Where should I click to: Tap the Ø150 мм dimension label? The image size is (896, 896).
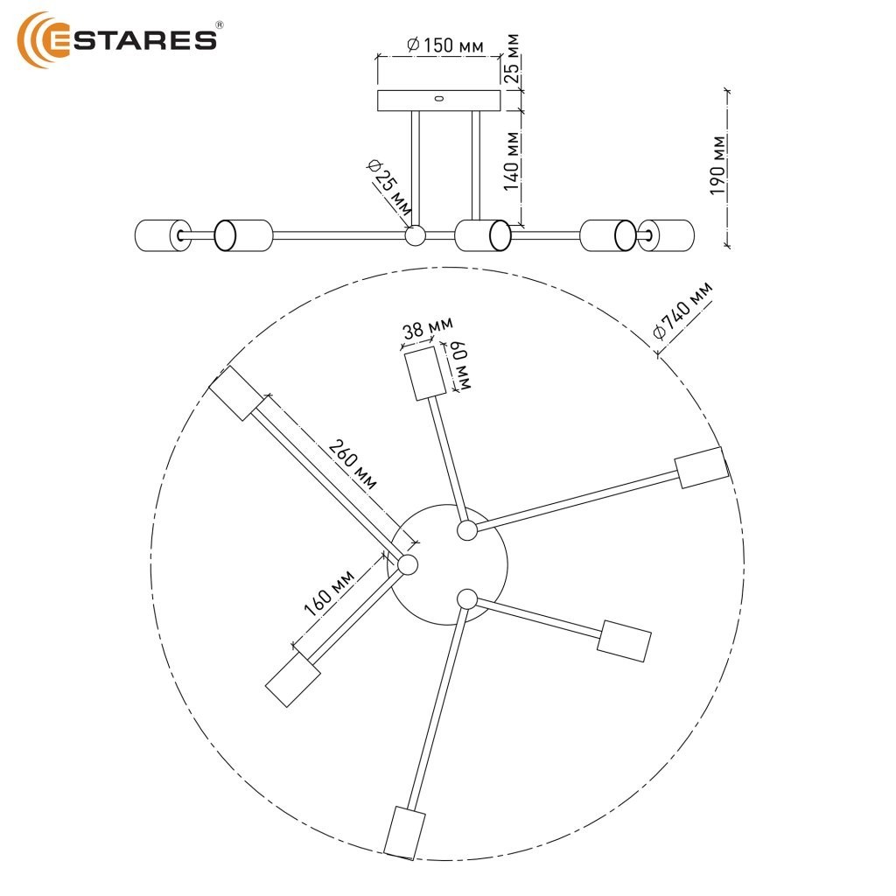tap(445, 45)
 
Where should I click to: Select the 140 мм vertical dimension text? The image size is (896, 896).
tap(512, 161)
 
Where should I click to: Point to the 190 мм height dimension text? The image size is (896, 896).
tap(717, 165)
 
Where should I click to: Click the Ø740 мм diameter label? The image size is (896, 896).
tap(682, 311)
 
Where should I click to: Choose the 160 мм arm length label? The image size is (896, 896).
tap(329, 593)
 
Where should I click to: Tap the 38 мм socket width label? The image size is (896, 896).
tap(427, 327)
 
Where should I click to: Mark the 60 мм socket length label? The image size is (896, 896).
tap(460, 367)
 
